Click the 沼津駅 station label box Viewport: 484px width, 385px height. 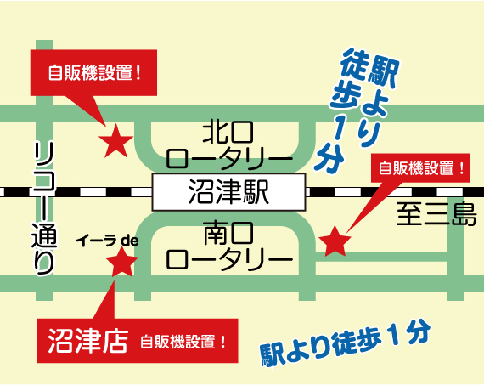click(228, 192)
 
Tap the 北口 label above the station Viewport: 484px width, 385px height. click(228, 133)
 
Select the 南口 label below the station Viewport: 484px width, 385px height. click(228, 232)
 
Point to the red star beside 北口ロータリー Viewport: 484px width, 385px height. click(116, 141)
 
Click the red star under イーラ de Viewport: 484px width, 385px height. click(121, 262)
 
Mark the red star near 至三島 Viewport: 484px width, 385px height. click(335, 241)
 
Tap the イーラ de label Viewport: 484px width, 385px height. click(108, 241)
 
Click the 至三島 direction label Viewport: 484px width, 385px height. click(436, 214)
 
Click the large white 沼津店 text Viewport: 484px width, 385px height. click(88, 341)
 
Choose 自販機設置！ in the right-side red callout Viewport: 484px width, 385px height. click(422, 168)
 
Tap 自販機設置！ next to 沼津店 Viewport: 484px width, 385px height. click(183, 342)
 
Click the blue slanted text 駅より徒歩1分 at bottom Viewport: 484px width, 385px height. click(345, 343)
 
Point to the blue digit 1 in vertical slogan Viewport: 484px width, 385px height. click(338, 130)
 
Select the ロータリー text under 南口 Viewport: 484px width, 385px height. click(229, 259)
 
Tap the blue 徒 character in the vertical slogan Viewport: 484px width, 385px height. click(355, 65)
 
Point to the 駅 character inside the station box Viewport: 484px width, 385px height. click(256, 192)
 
